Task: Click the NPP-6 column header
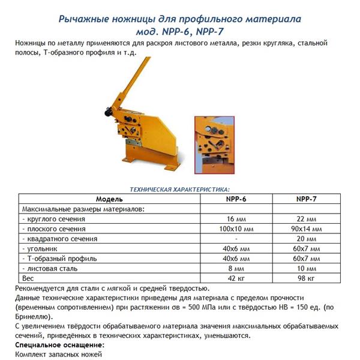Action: [235, 199]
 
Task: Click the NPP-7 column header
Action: [307, 199]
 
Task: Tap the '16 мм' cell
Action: [235, 220]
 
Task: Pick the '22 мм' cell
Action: [307, 220]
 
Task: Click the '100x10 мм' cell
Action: [235, 229]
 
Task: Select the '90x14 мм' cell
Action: [307, 229]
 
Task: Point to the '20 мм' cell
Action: [307, 239]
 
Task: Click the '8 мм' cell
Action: [235, 268]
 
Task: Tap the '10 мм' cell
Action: [307, 268]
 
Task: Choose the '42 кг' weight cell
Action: [235, 278]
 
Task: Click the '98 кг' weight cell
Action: [307, 278]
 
